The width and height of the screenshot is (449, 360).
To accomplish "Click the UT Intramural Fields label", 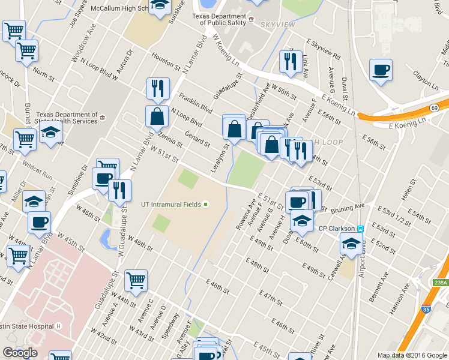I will pyautogui.click(x=170, y=205).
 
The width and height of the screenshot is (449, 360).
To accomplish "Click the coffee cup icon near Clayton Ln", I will pyautogui.click(x=381, y=71).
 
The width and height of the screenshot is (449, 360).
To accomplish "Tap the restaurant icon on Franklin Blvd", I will pyautogui.click(x=158, y=88).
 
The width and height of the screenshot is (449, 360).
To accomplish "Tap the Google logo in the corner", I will pyautogui.click(x=20, y=353).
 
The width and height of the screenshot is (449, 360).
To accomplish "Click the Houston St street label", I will pyautogui.click(x=166, y=61).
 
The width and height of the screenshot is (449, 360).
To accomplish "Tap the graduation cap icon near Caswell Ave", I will pyautogui.click(x=350, y=243).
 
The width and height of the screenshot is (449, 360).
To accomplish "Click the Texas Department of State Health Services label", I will pyautogui.click(x=67, y=118).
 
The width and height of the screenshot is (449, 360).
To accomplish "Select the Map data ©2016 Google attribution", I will pyautogui.click(x=412, y=355).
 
